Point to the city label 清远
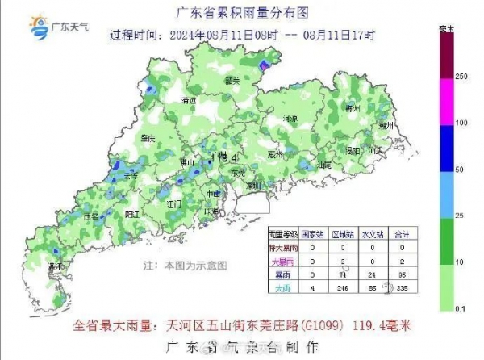click(190, 101)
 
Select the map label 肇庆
click(147, 139)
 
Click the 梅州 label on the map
click(352, 107)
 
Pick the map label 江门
click(173, 205)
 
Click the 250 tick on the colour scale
click(461, 77)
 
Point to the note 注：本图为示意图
click(187, 265)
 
